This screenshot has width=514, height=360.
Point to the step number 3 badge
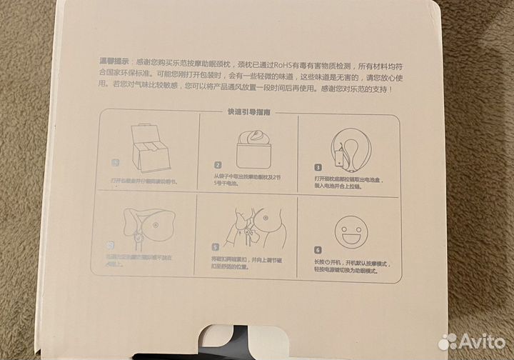(x=316, y=168)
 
